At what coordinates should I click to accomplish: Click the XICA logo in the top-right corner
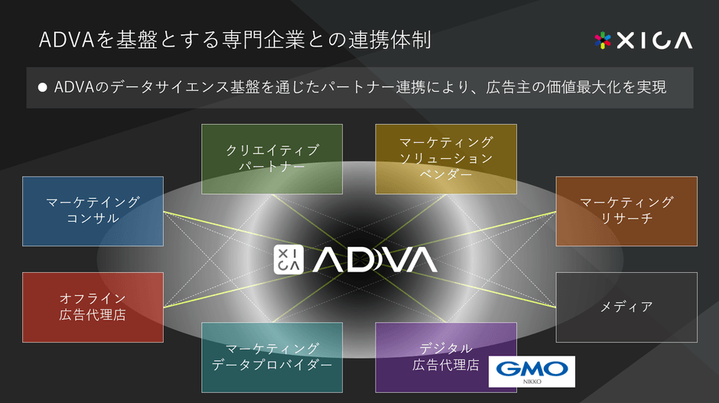point(643,40)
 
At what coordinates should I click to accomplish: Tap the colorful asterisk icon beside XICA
point(604,40)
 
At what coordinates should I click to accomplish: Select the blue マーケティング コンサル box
point(93,211)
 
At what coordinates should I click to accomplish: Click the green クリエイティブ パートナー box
point(272,158)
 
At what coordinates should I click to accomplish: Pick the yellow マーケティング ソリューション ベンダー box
point(446,158)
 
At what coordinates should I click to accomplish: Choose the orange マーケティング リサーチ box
point(626,211)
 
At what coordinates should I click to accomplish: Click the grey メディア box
point(626,307)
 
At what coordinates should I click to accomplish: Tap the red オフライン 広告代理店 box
point(93,307)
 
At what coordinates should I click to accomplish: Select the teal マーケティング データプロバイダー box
point(272,357)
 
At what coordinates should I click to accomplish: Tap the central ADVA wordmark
point(375,260)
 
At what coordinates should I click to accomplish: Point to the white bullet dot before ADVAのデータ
point(43,87)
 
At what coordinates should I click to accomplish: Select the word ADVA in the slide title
point(67,39)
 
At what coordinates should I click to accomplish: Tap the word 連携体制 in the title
point(399,39)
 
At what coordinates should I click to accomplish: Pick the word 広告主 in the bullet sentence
point(505,87)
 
